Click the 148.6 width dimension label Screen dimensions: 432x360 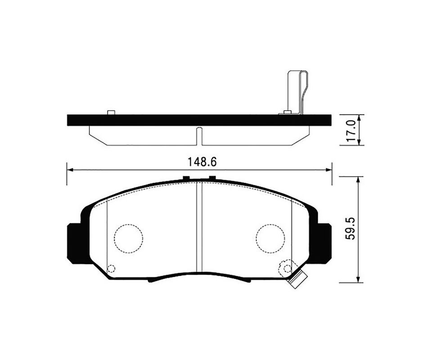(x=202, y=162)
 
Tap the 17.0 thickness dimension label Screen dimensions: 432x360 (x=352, y=130)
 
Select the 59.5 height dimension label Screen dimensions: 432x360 (x=351, y=229)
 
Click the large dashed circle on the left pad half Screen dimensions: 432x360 (x=129, y=238)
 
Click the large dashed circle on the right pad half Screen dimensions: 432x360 (x=270, y=238)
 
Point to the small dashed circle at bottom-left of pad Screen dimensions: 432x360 (x=111, y=269)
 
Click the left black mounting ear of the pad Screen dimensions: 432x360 (x=74, y=243)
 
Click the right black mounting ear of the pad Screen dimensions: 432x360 (x=324, y=243)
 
